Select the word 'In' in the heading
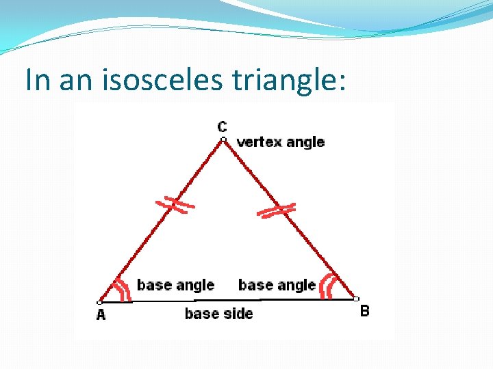click(x=38, y=80)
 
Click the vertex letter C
click(x=223, y=126)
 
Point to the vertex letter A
click(x=101, y=314)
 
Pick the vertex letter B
click(x=365, y=312)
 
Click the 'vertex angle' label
click(x=280, y=142)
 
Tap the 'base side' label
click(x=218, y=314)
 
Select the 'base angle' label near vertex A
click(x=175, y=285)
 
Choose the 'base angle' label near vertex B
click(x=277, y=285)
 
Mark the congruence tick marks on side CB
click(x=277, y=210)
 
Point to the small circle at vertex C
click(x=223, y=139)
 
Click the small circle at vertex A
click(x=99, y=302)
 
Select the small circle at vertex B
click(x=356, y=299)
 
